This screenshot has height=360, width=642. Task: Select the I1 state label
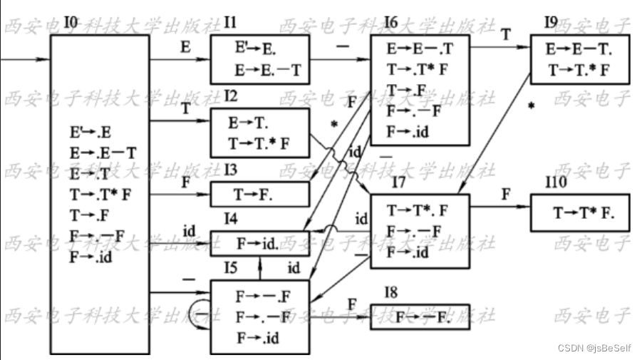[x=229, y=24]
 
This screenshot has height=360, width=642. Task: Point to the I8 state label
[x=391, y=292]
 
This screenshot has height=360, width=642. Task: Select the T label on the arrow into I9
[x=505, y=34]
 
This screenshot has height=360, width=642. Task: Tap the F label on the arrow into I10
[x=505, y=194]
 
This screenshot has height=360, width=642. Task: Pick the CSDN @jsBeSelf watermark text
[x=594, y=348]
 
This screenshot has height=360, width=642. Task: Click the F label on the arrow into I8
[x=352, y=304]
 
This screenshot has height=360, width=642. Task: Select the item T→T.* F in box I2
[x=259, y=143]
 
